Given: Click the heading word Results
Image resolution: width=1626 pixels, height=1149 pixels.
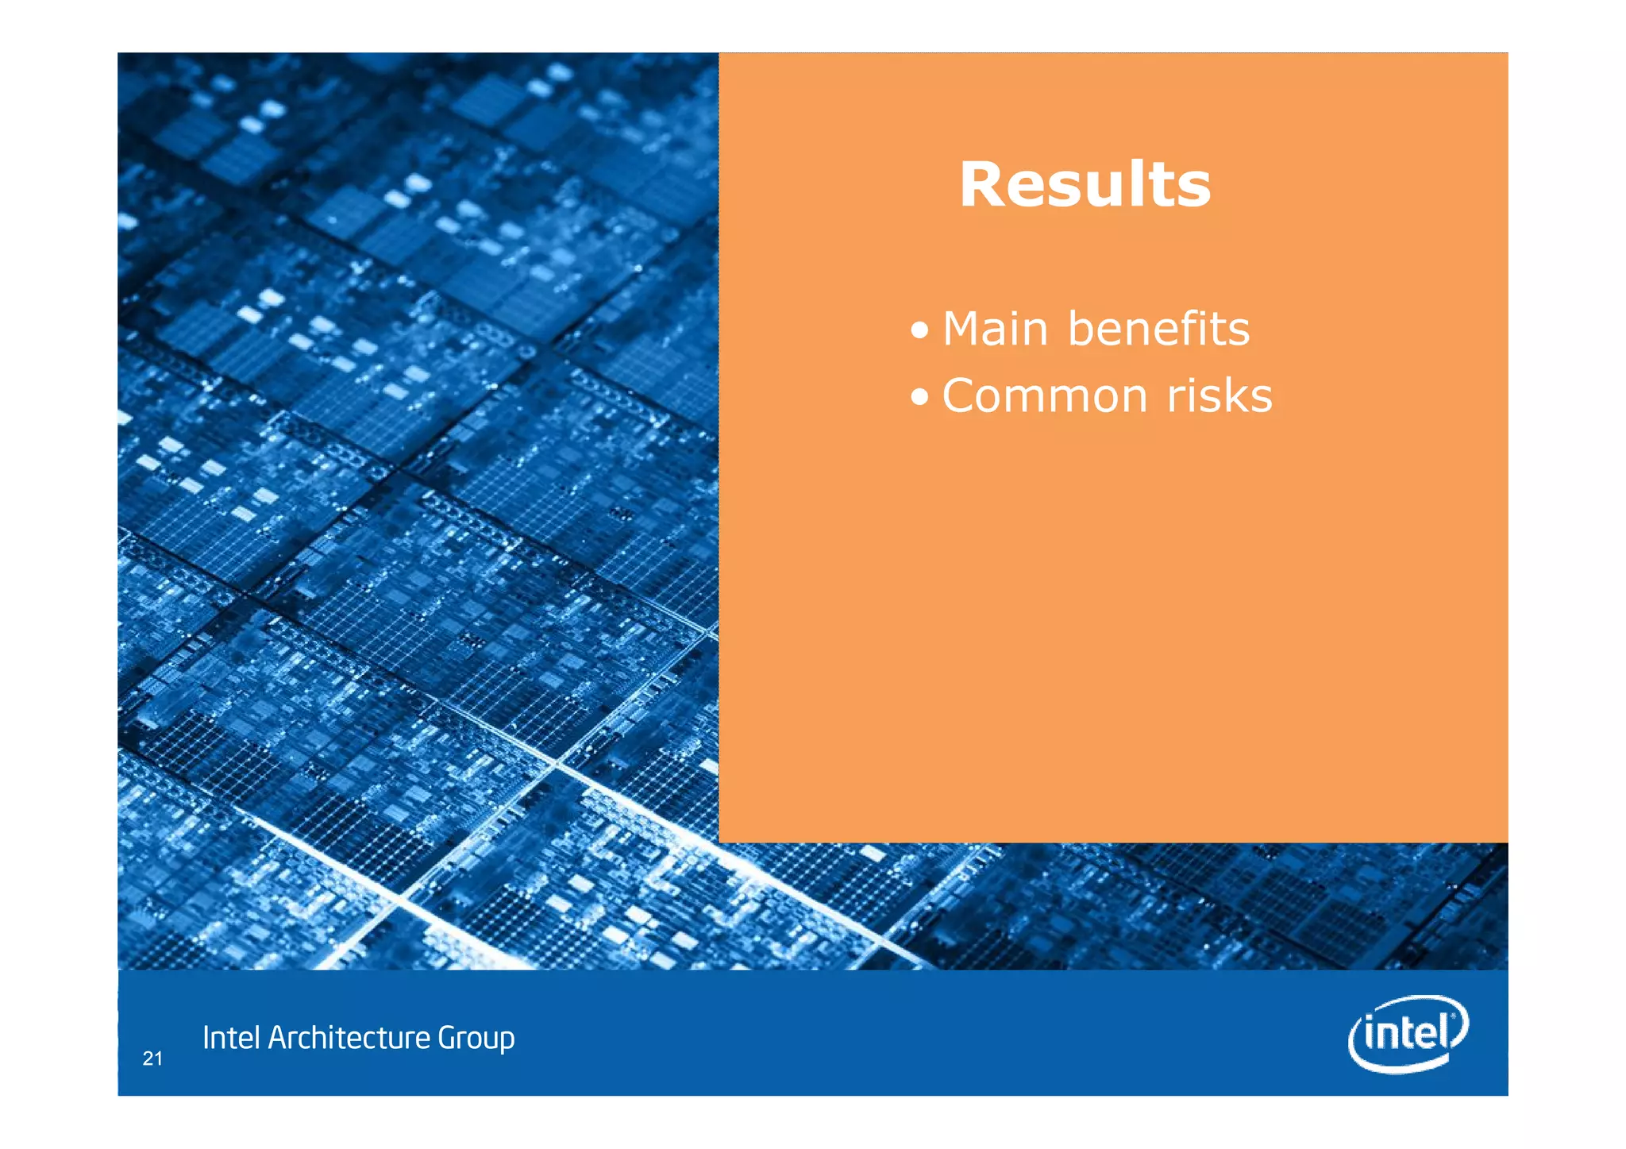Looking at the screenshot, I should click(x=1085, y=185).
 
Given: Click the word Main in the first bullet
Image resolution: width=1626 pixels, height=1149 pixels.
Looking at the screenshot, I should click(x=995, y=329).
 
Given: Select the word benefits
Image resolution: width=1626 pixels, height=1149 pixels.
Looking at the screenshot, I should click(x=1158, y=329).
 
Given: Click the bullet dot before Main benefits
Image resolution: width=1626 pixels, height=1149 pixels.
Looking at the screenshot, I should click(x=919, y=330).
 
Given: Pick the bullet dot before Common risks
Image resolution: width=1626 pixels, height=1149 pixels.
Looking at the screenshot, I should click(x=919, y=397).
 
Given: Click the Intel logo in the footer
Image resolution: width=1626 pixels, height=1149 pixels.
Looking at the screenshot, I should click(x=1408, y=1033).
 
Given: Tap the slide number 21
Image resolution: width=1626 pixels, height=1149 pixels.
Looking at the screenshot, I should click(x=152, y=1058).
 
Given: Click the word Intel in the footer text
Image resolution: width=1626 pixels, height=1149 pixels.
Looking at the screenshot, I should click(x=231, y=1038).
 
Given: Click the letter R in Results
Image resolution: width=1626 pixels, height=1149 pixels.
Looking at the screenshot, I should click(x=983, y=185).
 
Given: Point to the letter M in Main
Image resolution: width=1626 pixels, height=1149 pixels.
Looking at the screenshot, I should click(x=962, y=329).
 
